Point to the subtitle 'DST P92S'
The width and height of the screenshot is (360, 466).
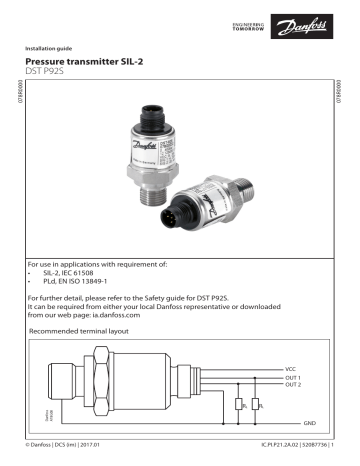tap(58, 73)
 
